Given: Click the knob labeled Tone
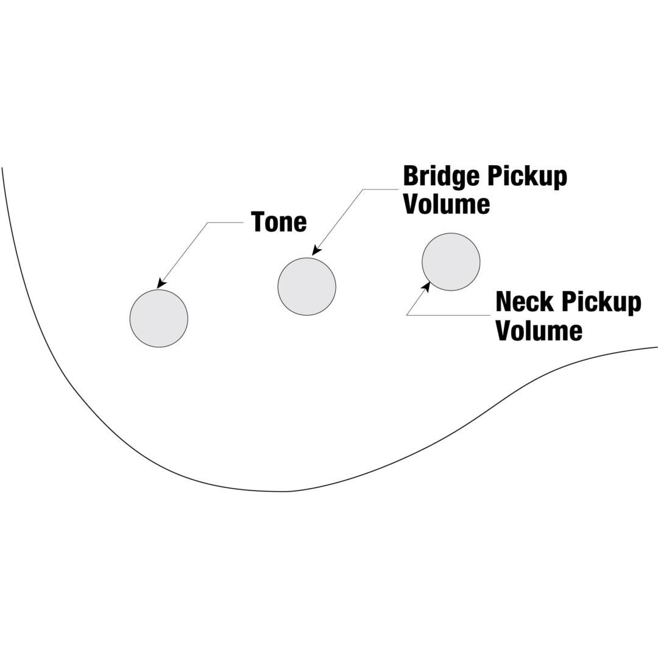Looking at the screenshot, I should (x=159, y=319).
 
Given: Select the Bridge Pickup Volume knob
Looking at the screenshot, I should (x=306, y=286).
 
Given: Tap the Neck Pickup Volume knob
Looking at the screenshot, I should (x=451, y=262).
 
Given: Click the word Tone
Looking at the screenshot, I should (x=278, y=222).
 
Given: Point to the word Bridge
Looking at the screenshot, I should (x=440, y=177).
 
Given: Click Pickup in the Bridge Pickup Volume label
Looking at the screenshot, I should (x=526, y=177).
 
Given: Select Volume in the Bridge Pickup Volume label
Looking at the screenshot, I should (x=447, y=204).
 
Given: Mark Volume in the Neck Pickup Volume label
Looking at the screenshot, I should (x=539, y=331).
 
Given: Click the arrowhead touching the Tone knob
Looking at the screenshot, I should (x=161, y=283).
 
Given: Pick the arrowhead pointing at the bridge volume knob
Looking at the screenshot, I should (x=316, y=250).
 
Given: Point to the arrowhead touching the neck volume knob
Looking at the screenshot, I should (x=426, y=286).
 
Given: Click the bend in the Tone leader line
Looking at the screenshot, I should (x=208, y=223).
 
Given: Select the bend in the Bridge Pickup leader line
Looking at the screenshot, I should (x=363, y=189).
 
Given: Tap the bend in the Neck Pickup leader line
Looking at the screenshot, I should (x=407, y=315).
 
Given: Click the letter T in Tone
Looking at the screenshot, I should (x=258, y=222).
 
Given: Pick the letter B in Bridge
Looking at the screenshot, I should (x=411, y=177).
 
